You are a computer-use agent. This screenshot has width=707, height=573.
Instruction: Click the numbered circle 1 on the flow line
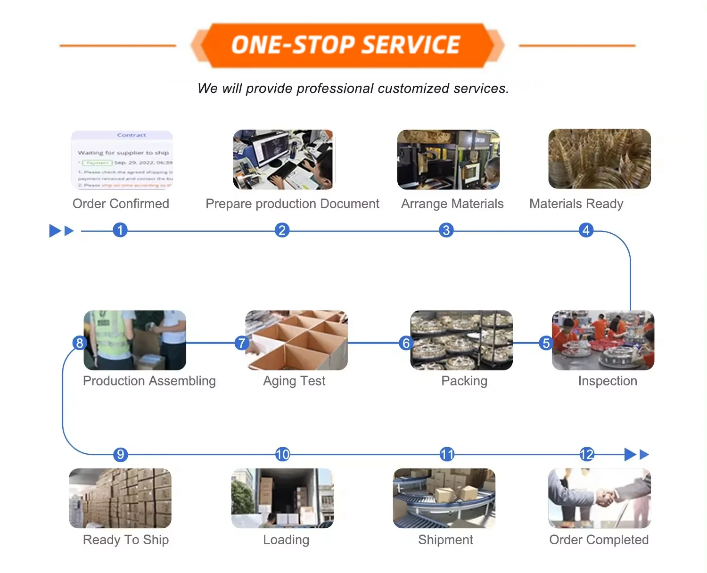pos(120,230)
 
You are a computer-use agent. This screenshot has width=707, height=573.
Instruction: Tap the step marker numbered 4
pos(586,230)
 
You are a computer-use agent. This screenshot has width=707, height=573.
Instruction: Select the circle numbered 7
pos(242,343)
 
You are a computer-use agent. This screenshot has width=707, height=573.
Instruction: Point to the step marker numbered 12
pos(587,454)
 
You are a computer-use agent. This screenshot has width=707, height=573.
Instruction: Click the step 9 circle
pos(121,454)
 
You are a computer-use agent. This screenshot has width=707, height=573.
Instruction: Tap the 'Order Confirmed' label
pos(121,204)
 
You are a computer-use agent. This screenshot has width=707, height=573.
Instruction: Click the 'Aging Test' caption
pos(294,381)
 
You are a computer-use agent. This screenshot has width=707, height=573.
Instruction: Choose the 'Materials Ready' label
pos(576,204)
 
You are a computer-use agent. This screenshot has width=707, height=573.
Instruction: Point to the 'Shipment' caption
pos(445,540)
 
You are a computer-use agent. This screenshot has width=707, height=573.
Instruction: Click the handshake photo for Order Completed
pos(599,498)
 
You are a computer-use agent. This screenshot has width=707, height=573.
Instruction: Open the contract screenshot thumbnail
pos(122,159)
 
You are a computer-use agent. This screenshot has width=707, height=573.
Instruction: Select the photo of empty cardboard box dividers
pos(296,340)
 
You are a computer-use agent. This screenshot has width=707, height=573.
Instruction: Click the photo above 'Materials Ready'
pos(599,159)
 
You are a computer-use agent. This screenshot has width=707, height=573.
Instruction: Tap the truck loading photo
pos(282,498)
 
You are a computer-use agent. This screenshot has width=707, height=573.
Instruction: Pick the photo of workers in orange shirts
pos(603,340)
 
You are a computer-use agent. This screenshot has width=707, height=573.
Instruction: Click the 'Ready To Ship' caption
pos(126,540)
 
